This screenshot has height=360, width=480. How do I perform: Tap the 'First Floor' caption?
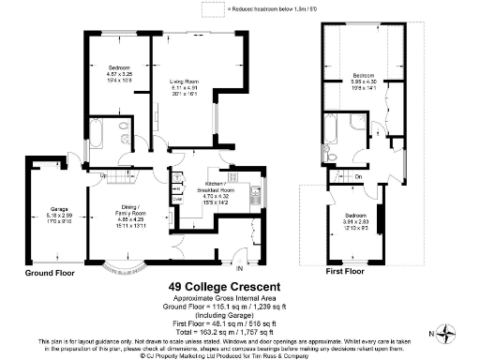pos(344,273)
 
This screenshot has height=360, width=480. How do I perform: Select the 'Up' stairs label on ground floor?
pos(101,175)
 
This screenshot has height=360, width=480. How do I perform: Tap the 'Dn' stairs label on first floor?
pos(359,175)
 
